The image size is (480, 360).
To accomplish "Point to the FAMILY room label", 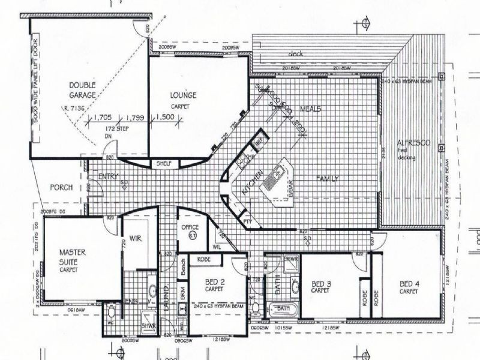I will [x=328, y=178].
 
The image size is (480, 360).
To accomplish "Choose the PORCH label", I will [x=61, y=187].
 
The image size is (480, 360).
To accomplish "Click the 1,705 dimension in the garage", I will [x=103, y=118].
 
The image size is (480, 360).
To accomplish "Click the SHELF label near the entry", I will [x=164, y=163].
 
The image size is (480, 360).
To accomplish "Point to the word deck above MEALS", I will [x=296, y=54].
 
